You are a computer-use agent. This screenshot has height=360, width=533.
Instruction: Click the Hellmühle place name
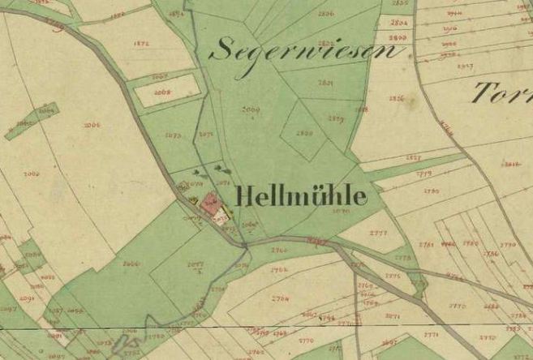[x=301, y=196]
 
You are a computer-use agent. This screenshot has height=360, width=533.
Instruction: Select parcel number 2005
[x=91, y=125]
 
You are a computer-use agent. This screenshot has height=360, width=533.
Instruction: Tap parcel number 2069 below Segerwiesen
[x=250, y=109]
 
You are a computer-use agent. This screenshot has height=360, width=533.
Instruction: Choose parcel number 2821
[x=325, y=83]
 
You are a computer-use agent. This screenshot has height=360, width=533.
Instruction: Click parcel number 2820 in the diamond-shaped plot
[x=305, y=132]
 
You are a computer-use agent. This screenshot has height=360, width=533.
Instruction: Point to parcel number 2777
[x=377, y=233]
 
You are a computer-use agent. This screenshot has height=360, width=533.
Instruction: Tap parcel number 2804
[x=398, y=24]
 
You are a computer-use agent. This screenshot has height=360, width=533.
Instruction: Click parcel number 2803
[x=398, y=37]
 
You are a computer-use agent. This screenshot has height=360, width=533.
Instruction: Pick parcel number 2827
[x=413, y=156]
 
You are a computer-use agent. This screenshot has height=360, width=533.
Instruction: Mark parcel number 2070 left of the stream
[x=172, y=135]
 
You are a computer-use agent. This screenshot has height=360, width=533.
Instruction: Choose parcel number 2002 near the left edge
[x=32, y=174]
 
